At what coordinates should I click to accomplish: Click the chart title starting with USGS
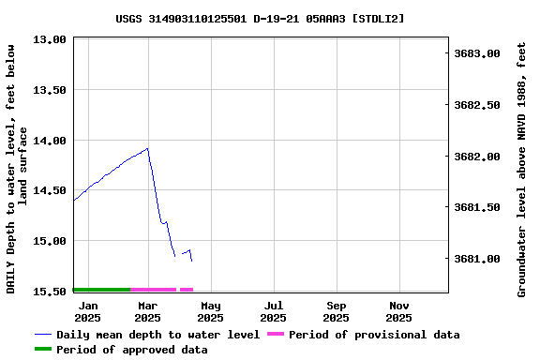[x=261, y=18]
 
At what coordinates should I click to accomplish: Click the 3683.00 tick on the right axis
[x=476, y=54]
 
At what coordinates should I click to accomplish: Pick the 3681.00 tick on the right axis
[x=476, y=259]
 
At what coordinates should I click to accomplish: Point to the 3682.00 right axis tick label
[x=476, y=157]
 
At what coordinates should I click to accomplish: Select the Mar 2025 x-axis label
[x=147, y=311]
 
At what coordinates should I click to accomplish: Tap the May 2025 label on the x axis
[x=211, y=311]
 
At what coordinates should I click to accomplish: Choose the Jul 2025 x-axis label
[x=274, y=311]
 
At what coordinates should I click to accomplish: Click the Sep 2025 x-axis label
[x=337, y=311]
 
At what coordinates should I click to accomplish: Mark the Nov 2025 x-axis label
[x=399, y=311]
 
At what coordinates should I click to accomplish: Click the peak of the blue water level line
[x=147, y=148]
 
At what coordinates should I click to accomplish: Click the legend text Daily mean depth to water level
[x=157, y=335]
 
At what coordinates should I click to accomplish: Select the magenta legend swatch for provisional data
[x=276, y=335]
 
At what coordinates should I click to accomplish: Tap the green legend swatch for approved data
[x=43, y=350]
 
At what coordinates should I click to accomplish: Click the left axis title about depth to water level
[x=18, y=169]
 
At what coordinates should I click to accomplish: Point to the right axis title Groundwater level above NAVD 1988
[x=522, y=169]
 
